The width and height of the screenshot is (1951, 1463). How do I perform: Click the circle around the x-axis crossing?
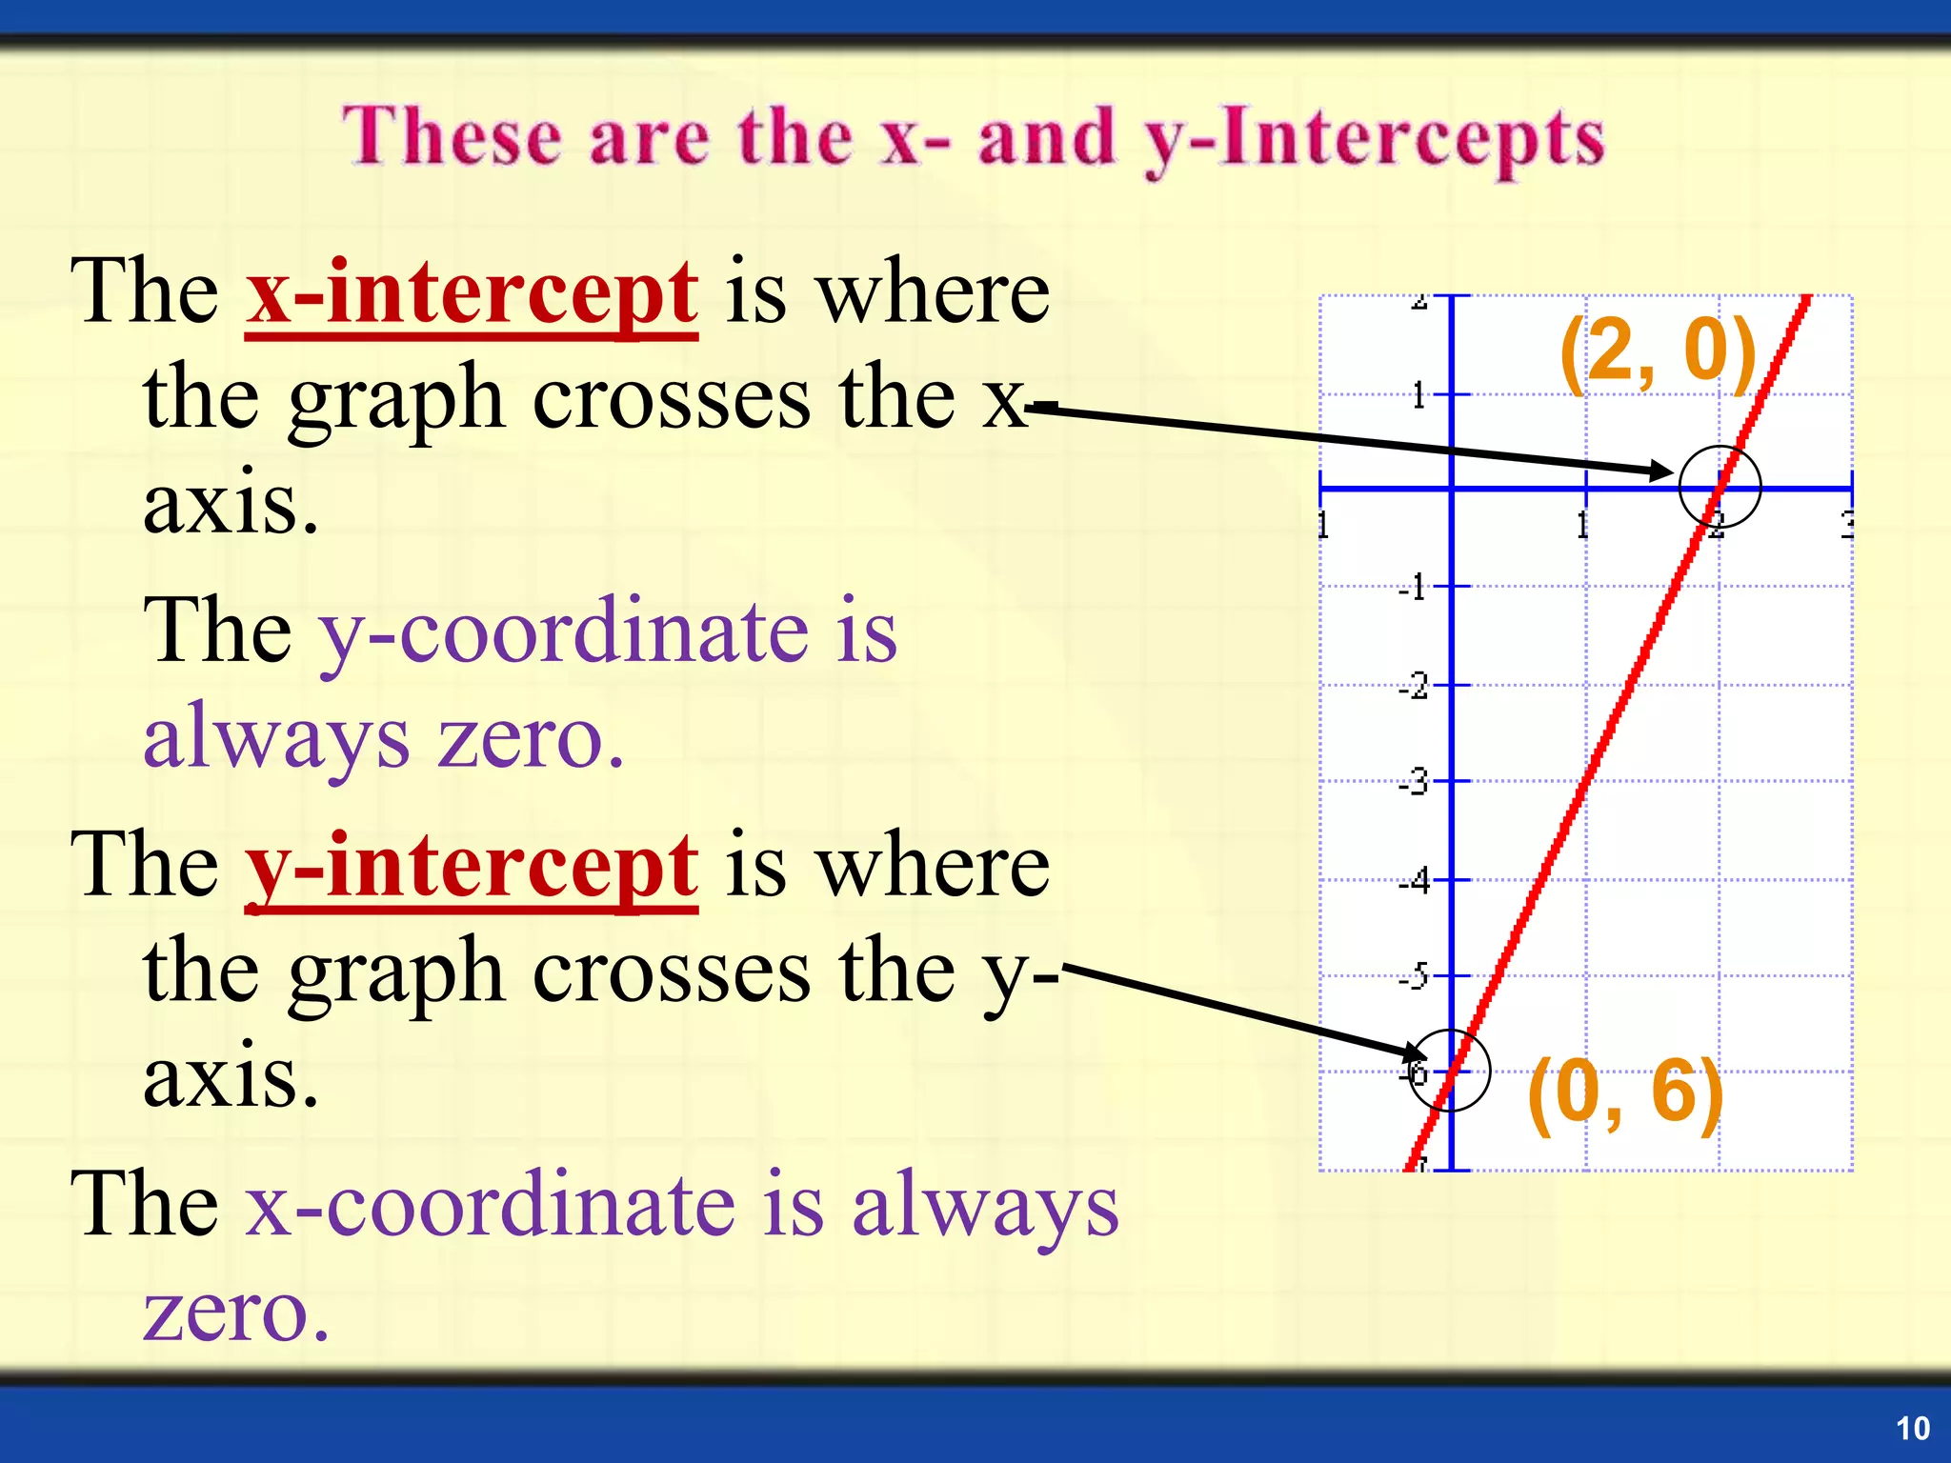click(x=1720, y=487)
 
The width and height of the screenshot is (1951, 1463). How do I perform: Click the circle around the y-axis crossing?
click(x=1448, y=1071)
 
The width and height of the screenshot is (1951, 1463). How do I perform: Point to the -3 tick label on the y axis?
click(x=1414, y=783)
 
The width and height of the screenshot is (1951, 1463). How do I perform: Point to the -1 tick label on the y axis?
click(x=1414, y=588)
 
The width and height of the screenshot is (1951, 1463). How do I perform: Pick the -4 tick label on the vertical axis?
click(x=1414, y=881)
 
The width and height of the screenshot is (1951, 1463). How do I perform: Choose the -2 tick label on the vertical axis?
click(x=1414, y=686)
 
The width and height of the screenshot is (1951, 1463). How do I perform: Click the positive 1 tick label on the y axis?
click(x=1418, y=394)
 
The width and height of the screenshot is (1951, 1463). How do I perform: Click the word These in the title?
click(x=452, y=137)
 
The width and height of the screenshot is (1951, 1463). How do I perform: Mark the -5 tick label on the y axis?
click(x=1414, y=977)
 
